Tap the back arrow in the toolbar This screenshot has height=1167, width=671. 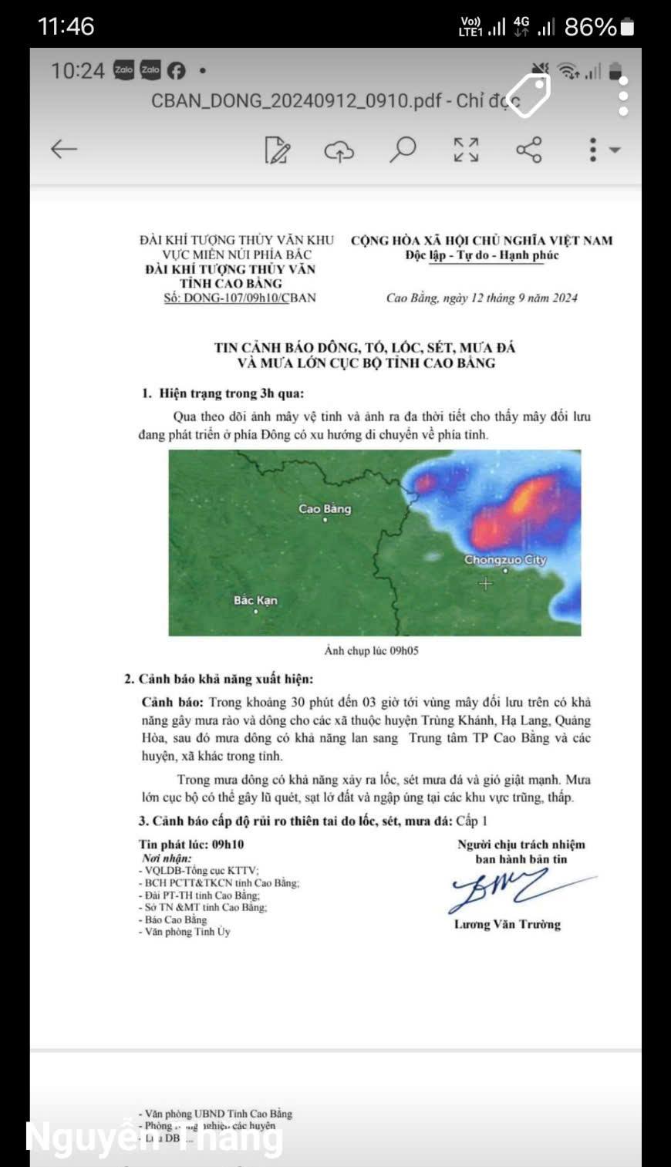point(64,149)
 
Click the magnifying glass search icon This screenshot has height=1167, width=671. point(403,149)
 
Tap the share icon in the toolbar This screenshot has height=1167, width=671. point(529,149)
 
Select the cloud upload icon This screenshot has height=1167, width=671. point(339,150)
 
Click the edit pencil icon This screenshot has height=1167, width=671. point(277,150)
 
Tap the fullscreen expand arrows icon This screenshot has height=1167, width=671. point(466,149)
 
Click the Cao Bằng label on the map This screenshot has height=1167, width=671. point(325,509)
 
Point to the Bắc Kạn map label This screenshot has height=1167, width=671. point(255,600)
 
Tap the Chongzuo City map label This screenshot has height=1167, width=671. point(504,560)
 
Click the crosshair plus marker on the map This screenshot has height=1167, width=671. point(485,584)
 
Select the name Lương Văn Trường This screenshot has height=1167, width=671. point(507,924)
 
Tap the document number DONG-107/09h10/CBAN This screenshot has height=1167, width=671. point(240,298)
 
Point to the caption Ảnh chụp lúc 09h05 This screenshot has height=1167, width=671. point(371,651)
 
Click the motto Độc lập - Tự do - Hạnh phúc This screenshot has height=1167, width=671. point(482,255)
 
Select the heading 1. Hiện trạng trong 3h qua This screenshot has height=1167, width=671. point(222,393)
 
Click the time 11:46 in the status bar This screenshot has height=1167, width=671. point(66,26)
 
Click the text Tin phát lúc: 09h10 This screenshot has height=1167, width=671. point(191,845)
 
